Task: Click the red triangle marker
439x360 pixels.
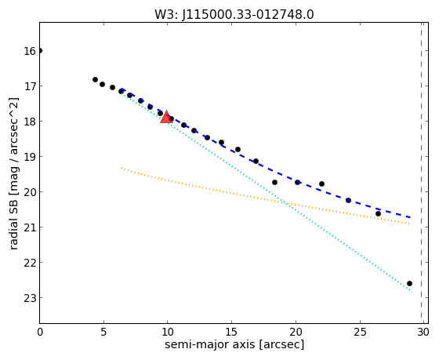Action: [x=166, y=117]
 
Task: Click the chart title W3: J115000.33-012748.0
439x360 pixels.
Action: [x=234, y=15]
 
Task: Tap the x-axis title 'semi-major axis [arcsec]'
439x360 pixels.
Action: [x=234, y=344]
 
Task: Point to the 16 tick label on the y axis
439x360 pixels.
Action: [x=30, y=51]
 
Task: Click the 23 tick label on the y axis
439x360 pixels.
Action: [x=30, y=298]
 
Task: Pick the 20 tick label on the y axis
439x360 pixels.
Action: [x=30, y=192]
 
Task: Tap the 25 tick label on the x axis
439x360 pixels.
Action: [x=360, y=333]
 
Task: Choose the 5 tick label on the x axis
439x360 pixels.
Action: [x=103, y=333]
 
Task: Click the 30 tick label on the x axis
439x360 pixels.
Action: [x=423, y=333]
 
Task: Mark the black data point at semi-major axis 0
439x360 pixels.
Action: [x=40, y=50]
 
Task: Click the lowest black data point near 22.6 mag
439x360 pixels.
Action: [x=409, y=283]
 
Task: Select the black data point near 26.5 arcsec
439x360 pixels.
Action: [x=378, y=214]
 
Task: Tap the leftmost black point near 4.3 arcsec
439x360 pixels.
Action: [x=95, y=79]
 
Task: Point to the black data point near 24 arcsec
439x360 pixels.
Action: [x=348, y=200]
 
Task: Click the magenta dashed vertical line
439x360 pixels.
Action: [x=421, y=173]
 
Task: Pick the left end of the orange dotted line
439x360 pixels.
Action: [x=122, y=168]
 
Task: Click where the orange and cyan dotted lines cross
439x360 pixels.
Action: [x=286, y=202]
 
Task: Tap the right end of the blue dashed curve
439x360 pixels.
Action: [x=410, y=217]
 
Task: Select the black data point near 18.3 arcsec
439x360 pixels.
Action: [x=274, y=183]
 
